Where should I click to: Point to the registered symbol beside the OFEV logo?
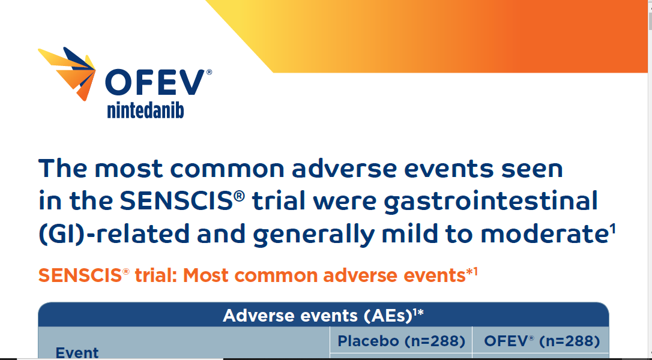pyautogui.click(x=209, y=72)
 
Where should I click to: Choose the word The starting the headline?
pyautogui.click(x=62, y=168)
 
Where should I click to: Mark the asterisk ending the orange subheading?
pyautogui.click(x=469, y=273)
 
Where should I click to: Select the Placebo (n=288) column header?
pyautogui.click(x=401, y=341)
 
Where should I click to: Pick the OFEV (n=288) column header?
pyautogui.click(x=541, y=341)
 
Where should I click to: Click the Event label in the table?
pyautogui.click(x=77, y=352)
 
